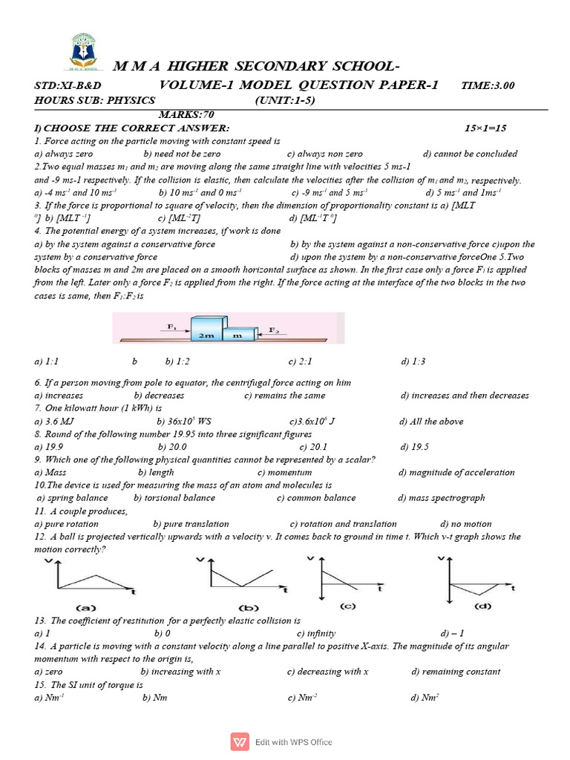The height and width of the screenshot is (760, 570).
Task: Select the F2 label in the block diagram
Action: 274,329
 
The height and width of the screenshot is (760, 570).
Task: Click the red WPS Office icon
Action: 240,741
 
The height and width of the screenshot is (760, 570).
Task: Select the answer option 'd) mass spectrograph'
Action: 441,498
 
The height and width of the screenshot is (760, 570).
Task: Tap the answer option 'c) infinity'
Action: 316,633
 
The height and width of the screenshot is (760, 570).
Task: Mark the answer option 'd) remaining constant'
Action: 456,672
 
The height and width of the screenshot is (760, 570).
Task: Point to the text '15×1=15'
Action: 485,128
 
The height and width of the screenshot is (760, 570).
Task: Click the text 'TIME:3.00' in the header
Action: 488,85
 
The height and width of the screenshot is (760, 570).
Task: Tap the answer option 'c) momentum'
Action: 284,472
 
